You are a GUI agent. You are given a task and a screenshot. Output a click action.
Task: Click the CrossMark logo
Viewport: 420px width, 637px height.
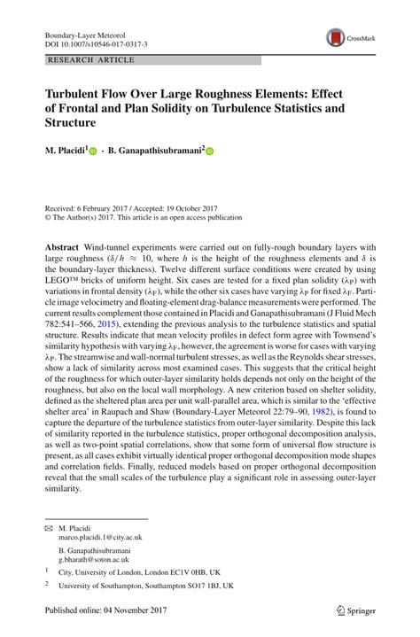[x=349, y=37]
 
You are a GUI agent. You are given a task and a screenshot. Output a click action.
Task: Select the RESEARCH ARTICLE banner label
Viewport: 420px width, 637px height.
[x=91, y=59]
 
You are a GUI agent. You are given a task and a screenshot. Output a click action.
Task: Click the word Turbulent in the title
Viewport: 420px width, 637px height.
[x=78, y=94]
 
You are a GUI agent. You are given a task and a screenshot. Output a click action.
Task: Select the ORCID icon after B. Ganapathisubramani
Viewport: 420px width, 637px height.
[x=211, y=152]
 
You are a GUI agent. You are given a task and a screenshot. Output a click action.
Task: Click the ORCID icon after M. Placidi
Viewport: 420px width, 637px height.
[x=92, y=152]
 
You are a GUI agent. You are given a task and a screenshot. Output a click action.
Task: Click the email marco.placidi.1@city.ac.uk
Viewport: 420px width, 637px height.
[x=99, y=537]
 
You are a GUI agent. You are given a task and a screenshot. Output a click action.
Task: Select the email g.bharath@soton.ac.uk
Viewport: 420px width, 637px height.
[x=94, y=560]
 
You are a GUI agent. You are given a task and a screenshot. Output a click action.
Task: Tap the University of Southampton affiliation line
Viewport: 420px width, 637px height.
[x=145, y=586]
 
